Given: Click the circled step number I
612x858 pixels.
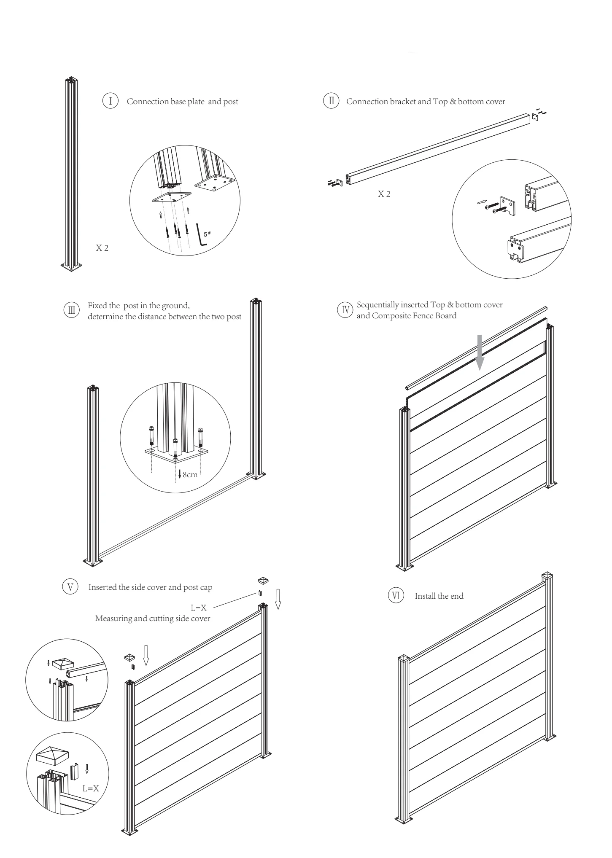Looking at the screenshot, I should pyautogui.click(x=110, y=101).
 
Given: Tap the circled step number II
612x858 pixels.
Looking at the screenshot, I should pyautogui.click(x=331, y=101).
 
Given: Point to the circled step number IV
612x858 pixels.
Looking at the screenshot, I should pyautogui.click(x=345, y=310).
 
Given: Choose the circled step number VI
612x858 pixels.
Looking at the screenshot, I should pyautogui.click(x=396, y=596).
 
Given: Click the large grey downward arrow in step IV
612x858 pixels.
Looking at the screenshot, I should pyautogui.click(x=480, y=352).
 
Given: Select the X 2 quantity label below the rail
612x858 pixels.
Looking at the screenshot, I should pyautogui.click(x=384, y=194).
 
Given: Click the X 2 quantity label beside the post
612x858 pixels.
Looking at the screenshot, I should pyautogui.click(x=102, y=248).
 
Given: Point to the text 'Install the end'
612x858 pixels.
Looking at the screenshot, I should pyautogui.click(x=439, y=596).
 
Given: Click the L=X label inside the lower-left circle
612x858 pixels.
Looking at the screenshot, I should pyautogui.click(x=91, y=788).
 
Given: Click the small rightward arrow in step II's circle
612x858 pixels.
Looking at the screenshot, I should pyautogui.click(x=482, y=202).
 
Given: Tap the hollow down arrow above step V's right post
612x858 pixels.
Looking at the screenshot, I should pyautogui.click(x=278, y=599).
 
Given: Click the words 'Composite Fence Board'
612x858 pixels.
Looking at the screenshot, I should pyautogui.click(x=414, y=316).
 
